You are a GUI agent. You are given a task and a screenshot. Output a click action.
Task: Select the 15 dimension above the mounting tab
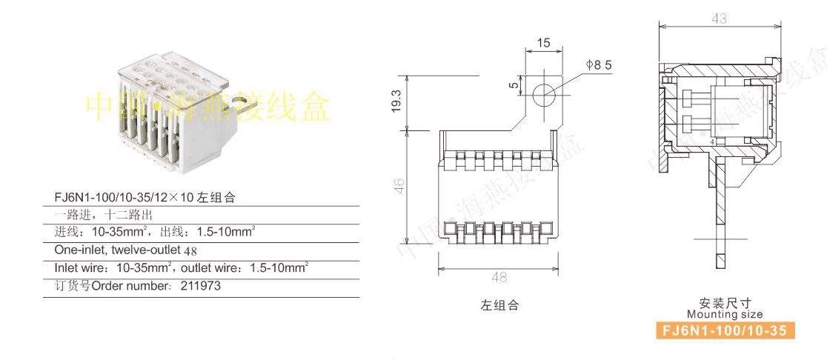543,44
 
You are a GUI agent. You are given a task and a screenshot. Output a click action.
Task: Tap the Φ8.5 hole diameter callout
598,65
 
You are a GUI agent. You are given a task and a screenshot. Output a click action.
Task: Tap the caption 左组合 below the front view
499,305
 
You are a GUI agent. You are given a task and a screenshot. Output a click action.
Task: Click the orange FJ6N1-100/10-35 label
723,330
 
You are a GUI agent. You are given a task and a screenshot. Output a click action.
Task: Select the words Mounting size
724,315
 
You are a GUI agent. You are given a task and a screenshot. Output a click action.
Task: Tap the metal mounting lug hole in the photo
239,97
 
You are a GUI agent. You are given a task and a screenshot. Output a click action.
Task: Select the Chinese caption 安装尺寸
725,303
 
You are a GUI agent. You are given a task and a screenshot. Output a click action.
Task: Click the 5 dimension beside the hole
513,86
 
